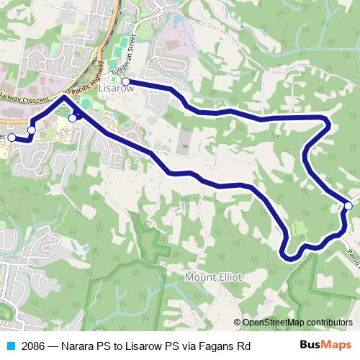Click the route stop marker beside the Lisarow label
[125, 81]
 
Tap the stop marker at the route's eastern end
[348, 206]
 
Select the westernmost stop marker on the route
[11, 137]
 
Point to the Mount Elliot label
[215, 276]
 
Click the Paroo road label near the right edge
[354, 238]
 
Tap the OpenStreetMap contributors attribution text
[297, 322]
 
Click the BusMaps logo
[325, 345]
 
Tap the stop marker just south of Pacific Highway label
[72, 118]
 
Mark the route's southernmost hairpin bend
[289, 254]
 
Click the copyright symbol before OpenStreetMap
[238, 322]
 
